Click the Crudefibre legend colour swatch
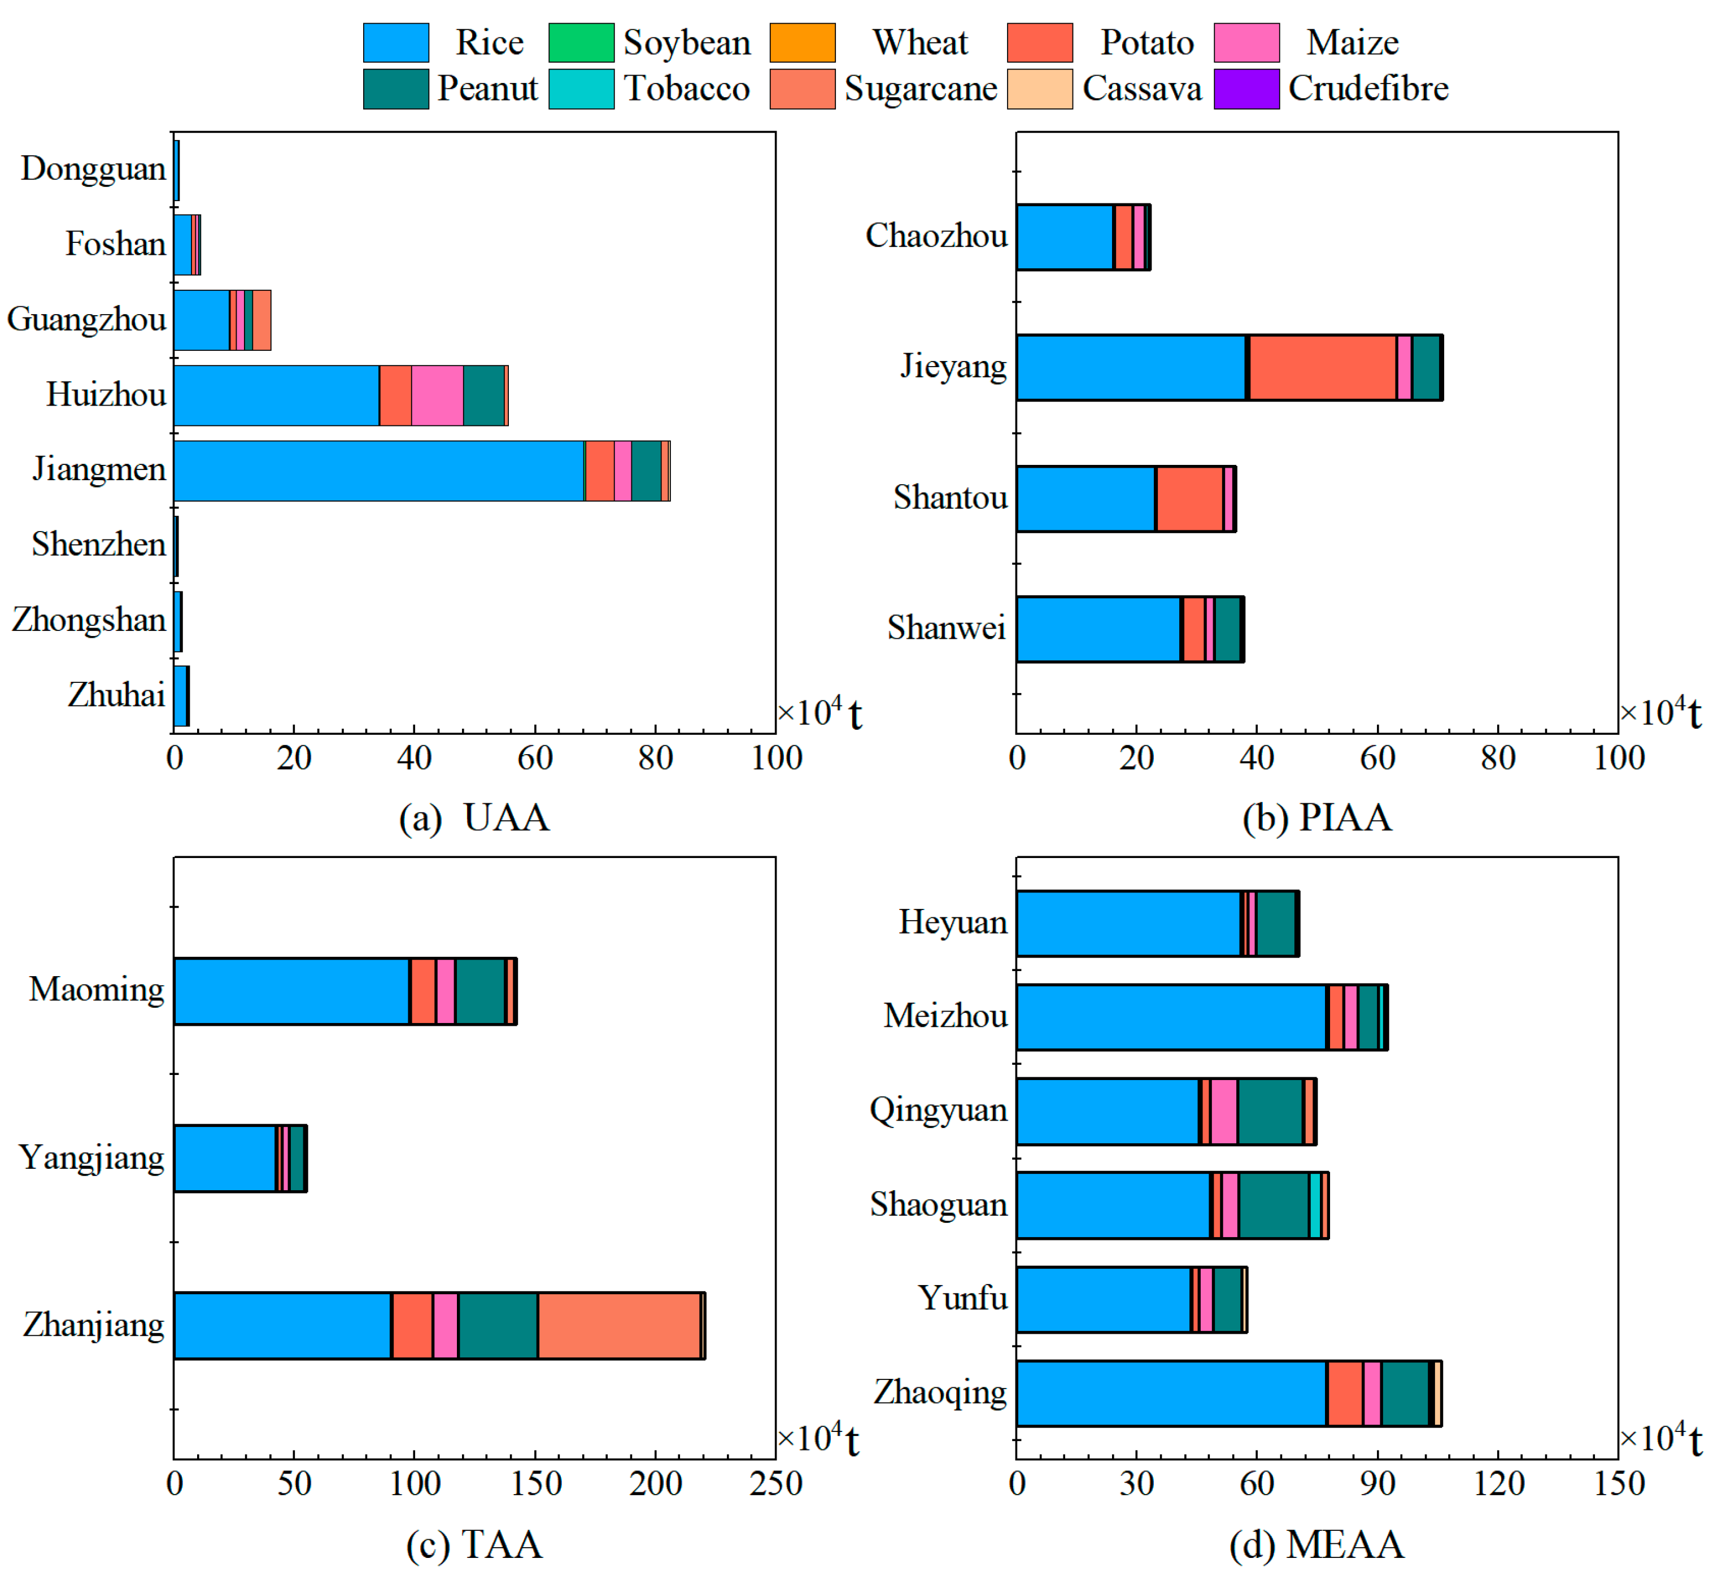pyautogui.click(x=1246, y=89)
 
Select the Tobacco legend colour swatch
pyautogui.click(x=581, y=89)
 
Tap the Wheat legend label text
pyautogui.click(x=920, y=43)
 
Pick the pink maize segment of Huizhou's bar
pyautogui.click(x=437, y=395)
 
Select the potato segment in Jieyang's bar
pyautogui.click(x=1322, y=367)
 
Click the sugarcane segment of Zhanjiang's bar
pyautogui.click(x=618, y=1325)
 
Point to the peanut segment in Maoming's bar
pyautogui.click(x=480, y=991)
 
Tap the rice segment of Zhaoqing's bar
pyautogui.click(x=1170, y=1393)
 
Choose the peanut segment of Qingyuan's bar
pyautogui.click(x=1270, y=1111)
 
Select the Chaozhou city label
pyautogui.click(x=936, y=236)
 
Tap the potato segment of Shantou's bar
pyautogui.click(x=1189, y=499)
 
